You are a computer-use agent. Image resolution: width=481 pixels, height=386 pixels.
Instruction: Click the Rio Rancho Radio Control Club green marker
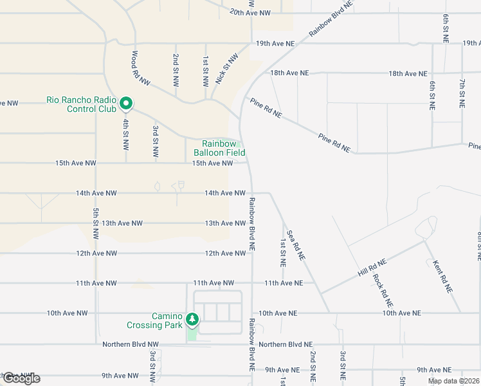(127, 103)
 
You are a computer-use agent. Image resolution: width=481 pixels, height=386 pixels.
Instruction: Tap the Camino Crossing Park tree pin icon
(192, 319)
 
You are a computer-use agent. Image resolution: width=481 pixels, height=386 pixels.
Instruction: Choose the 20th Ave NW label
(250, 12)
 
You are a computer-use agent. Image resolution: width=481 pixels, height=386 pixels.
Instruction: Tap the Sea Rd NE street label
(296, 245)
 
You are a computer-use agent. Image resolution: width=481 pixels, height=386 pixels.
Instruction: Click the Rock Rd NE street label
(383, 291)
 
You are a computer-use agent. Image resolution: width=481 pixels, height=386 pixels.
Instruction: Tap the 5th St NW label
(95, 223)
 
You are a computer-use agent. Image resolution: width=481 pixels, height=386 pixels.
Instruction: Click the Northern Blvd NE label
(286, 345)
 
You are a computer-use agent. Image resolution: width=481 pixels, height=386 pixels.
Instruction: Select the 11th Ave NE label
(283, 283)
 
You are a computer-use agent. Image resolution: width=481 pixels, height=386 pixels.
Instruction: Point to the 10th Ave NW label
(67, 313)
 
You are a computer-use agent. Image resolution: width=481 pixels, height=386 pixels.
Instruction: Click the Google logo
(21, 378)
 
